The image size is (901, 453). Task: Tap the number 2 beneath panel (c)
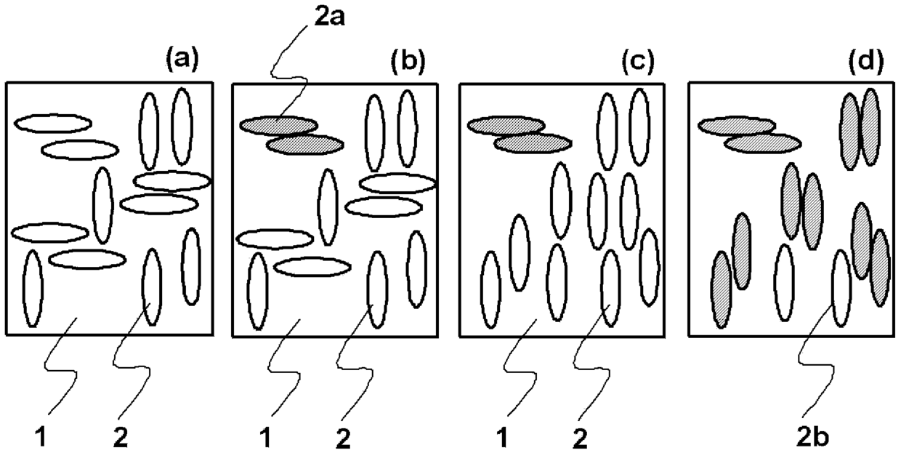point(577,438)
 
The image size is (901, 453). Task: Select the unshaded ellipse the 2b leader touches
point(841,288)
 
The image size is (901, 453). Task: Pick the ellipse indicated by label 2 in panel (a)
point(151,287)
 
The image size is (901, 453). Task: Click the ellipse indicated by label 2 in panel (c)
point(611,288)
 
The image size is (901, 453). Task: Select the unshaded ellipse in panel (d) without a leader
point(783,283)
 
